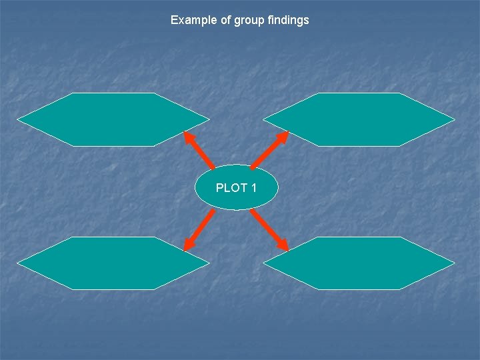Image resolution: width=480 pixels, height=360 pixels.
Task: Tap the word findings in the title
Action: pyautogui.click(x=288, y=20)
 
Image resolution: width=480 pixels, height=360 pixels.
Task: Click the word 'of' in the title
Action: pyautogui.click(x=224, y=20)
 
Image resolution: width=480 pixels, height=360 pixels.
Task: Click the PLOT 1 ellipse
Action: pyautogui.click(x=236, y=187)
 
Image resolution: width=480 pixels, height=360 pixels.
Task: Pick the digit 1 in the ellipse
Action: pyautogui.click(x=253, y=188)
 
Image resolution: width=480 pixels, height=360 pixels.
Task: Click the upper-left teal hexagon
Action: pyautogui.click(x=113, y=119)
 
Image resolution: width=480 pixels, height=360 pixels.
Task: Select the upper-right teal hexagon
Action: pyautogui.click(x=359, y=119)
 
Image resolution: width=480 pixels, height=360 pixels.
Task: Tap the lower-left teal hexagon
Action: pyautogui.click(x=113, y=263)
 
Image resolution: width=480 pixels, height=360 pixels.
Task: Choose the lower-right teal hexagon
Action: pyautogui.click(x=359, y=263)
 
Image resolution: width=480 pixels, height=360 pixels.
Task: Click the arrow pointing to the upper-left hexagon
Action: pyautogui.click(x=199, y=150)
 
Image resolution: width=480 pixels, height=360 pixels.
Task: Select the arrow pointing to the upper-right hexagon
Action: pyautogui.click(x=270, y=150)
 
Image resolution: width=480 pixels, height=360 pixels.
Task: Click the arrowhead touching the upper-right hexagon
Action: pyautogui.click(x=283, y=136)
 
